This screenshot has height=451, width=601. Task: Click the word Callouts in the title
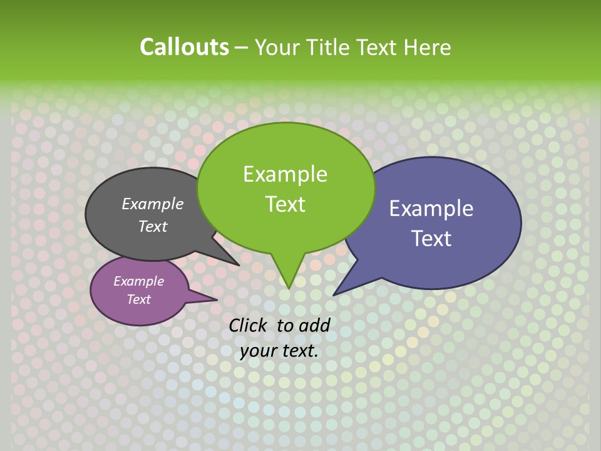coord(184,47)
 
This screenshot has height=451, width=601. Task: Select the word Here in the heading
coord(427,47)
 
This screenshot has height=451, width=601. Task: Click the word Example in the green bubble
coord(285,174)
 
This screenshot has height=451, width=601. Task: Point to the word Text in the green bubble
coord(285,204)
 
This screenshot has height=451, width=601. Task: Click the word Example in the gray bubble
coord(153,204)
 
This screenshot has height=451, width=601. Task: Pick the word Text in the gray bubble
coord(153,226)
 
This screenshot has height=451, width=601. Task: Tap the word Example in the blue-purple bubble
coord(431,209)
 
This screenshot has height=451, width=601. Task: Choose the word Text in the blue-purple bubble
coord(431,239)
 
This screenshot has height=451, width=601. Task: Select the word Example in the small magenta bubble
coord(139,281)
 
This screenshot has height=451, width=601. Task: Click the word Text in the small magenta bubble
coord(139,299)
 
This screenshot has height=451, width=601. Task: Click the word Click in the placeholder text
coord(249,325)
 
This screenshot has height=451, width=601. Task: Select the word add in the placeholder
coord(314,325)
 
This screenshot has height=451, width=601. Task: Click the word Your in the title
coord(278,47)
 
